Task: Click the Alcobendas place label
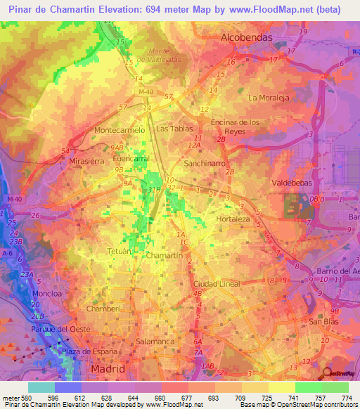pos(246,37)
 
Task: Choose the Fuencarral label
pos(131,159)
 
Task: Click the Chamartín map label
pos(165,257)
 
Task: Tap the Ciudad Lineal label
pos(216,284)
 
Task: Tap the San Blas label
pos(324,321)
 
